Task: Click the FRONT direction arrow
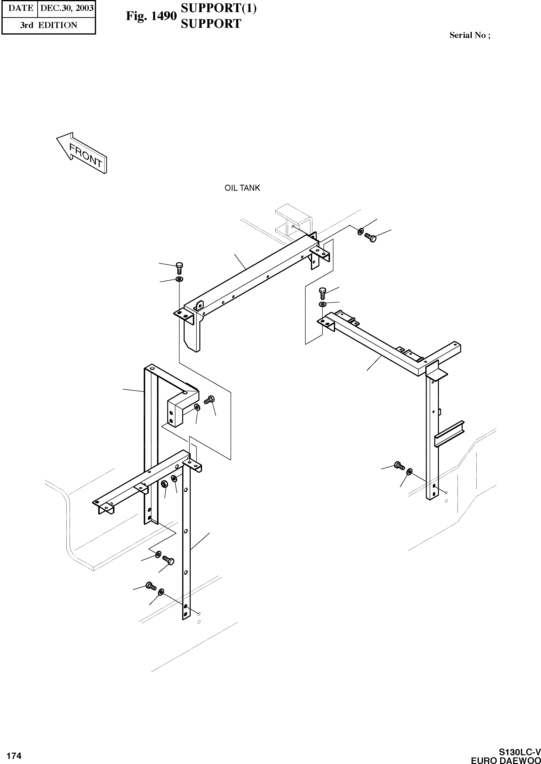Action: [x=82, y=153]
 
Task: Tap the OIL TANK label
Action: [x=242, y=188]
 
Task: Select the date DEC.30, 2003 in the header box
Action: [x=67, y=8]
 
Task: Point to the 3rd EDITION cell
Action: [x=48, y=25]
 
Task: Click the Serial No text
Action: [x=469, y=35]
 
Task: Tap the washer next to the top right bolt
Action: [x=361, y=231]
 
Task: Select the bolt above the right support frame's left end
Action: [x=323, y=293]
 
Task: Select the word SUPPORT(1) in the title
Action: [x=218, y=8]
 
